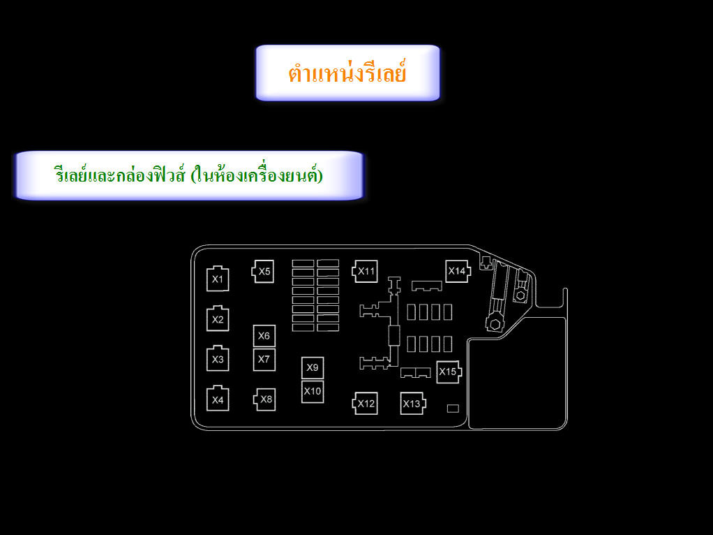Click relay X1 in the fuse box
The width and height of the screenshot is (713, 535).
(218, 279)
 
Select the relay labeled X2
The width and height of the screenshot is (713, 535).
(218, 318)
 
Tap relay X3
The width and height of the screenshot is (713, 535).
(218, 359)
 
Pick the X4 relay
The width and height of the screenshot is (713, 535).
(218, 400)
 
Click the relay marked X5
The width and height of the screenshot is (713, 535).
(263, 272)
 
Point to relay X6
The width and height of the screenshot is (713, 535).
(264, 336)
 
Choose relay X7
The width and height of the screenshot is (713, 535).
(264, 360)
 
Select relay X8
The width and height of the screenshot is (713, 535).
(264, 400)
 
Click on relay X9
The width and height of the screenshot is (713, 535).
(313, 368)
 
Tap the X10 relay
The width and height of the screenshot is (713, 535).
(313, 392)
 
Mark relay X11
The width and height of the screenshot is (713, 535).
(365, 272)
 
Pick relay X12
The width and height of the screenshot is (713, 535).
(365, 404)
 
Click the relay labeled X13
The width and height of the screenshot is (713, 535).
(413, 404)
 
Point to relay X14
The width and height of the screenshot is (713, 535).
(458, 272)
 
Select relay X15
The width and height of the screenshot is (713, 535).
(449, 372)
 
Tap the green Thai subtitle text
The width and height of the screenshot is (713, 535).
(188, 175)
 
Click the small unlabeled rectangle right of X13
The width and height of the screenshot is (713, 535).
(453, 409)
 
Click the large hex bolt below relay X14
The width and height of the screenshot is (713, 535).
(495, 323)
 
